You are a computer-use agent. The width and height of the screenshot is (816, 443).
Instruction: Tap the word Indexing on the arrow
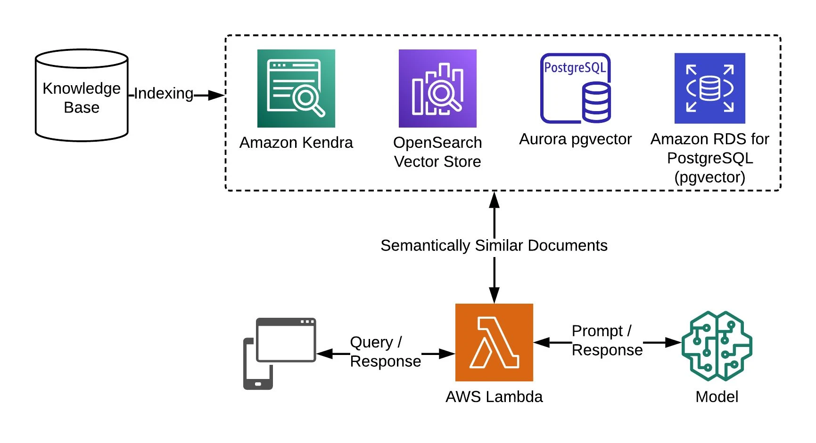click(x=164, y=93)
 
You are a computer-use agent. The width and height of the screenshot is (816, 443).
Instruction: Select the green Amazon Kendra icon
click(x=296, y=89)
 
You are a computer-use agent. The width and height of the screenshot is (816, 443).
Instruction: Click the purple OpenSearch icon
click(x=437, y=89)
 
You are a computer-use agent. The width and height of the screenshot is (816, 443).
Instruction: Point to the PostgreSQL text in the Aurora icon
click(x=575, y=68)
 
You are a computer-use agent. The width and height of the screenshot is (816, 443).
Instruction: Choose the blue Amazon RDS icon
click(x=709, y=89)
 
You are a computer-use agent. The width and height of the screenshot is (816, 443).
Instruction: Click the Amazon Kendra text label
click(x=296, y=142)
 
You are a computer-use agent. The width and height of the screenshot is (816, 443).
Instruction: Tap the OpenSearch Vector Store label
click(x=437, y=152)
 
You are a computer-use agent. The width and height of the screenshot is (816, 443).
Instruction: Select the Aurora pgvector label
click(x=575, y=139)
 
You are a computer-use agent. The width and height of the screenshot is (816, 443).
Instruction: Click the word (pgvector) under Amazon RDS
click(x=709, y=177)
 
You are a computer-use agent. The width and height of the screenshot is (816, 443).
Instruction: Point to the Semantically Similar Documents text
click(x=494, y=245)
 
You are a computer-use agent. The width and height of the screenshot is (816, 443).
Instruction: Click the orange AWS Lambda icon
click(x=494, y=342)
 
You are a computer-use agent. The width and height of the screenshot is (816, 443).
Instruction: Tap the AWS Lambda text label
click(x=494, y=396)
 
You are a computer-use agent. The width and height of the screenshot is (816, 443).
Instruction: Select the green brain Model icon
click(x=717, y=346)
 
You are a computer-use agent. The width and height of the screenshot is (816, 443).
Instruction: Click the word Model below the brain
click(x=717, y=396)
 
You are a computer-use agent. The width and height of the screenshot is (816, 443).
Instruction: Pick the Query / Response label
click(x=385, y=351)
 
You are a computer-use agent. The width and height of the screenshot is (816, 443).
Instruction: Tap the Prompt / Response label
click(x=607, y=340)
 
